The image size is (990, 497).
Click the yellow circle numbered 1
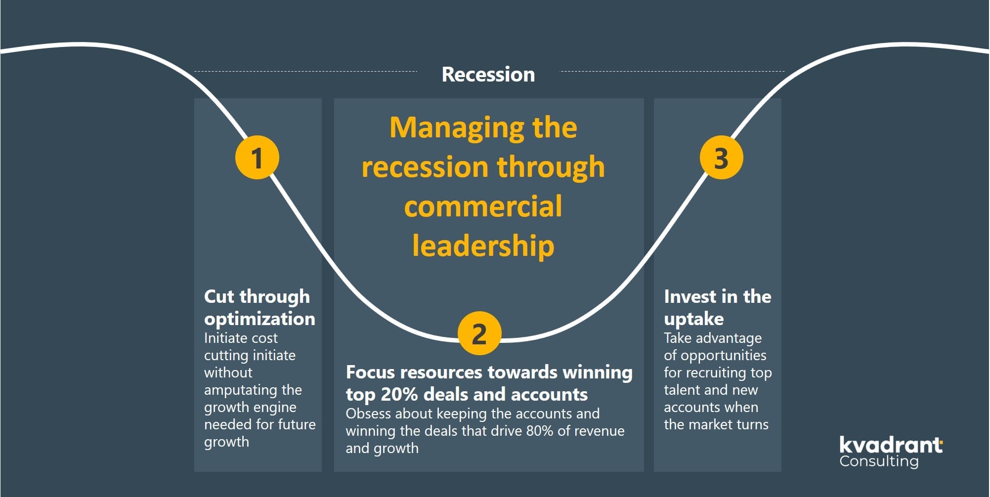pyautogui.click(x=257, y=158)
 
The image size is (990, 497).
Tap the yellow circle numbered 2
pyautogui.click(x=479, y=333)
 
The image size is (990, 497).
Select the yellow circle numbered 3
pyautogui.click(x=721, y=158)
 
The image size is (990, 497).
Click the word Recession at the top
pyautogui.click(x=488, y=75)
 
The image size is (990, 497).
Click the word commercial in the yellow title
pyautogui.click(x=483, y=206)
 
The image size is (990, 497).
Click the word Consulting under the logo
pyautogui.click(x=879, y=461)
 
